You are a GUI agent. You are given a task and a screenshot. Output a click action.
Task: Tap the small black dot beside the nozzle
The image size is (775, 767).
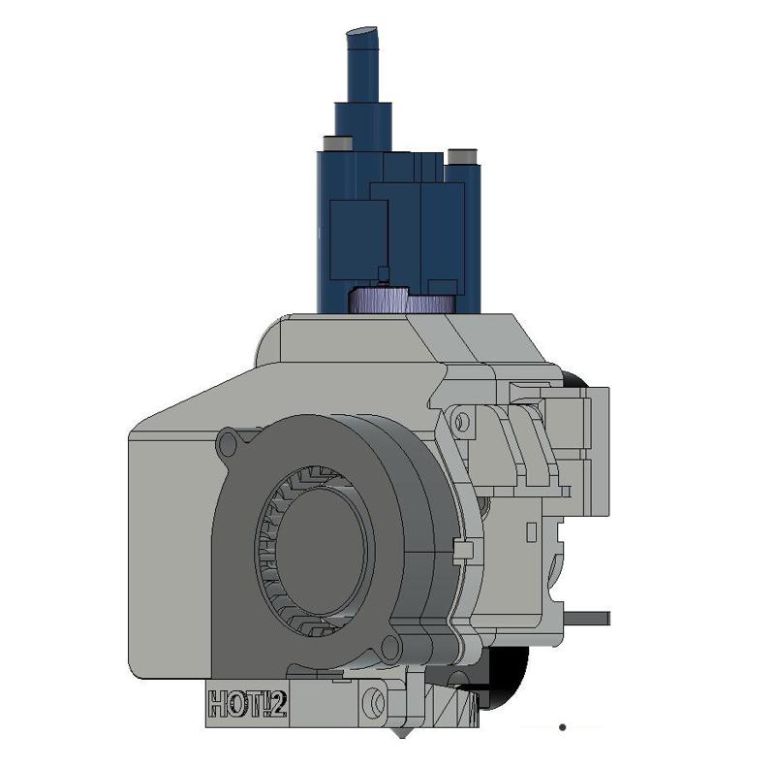[x=563, y=725]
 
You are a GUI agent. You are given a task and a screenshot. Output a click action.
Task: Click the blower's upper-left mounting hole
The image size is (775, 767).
[x=231, y=444]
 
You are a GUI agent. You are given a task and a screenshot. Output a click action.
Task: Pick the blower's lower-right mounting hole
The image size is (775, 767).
[x=392, y=647]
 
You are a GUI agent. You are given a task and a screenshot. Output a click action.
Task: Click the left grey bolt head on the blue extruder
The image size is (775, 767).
[x=338, y=144]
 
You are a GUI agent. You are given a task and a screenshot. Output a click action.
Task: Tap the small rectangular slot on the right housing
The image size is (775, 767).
[x=531, y=531]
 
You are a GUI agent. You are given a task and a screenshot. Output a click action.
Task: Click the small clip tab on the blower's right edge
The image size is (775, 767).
[x=461, y=552]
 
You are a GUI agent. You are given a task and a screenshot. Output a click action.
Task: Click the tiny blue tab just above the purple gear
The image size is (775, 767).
[x=385, y=274]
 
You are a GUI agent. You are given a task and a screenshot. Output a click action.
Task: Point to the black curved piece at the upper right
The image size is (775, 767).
[x=575, y=381]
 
